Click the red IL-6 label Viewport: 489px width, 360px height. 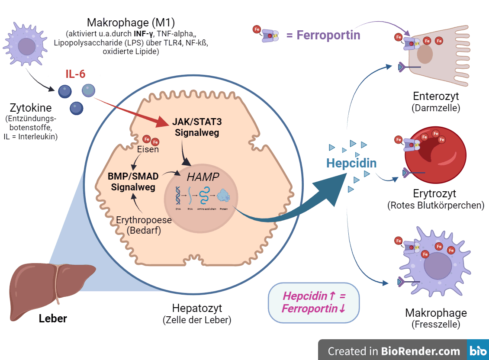(75, 74)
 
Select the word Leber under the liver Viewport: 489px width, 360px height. (53, 319)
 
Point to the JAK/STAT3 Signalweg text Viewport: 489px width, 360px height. (197, 127)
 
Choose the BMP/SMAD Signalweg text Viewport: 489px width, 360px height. (133, 182)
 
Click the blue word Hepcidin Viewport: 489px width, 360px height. (351, 163)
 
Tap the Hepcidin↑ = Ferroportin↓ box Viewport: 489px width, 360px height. (314, 302)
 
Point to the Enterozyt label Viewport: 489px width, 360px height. (436, 96)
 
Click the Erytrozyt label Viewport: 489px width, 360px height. (434, 193)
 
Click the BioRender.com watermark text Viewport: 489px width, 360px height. (394, 351)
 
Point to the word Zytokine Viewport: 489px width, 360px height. (32, 108)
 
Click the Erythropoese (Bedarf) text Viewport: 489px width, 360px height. (144, 225)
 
